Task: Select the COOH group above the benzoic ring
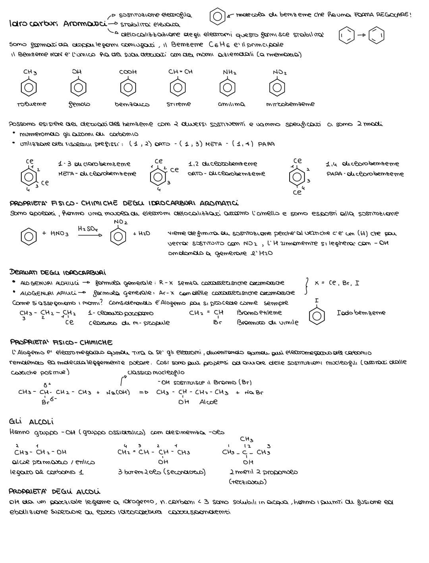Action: click(x=128, y=72)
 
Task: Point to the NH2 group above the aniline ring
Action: click(x=230, y=72)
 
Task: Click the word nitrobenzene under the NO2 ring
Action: click(x=290, y=104)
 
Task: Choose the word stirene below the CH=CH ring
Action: click(x=178, y=104)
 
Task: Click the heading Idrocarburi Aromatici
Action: click(x=57, y=24)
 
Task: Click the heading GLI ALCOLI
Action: click(x=31, y=422)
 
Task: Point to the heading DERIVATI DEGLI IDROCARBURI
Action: click(x=57, y=273)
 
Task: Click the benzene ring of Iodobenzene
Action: click(x=317, y=315)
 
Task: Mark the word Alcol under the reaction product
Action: click(x=208, y=402)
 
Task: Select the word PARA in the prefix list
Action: click(x=266, y=144)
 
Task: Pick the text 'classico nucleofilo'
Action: click(x=155, y=372)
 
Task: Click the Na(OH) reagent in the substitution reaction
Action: click(x=118, y=393)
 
